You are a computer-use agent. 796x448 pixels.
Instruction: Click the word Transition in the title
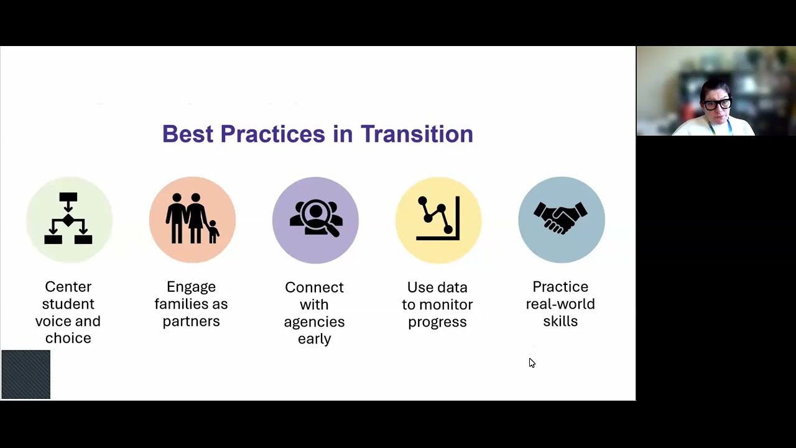pos(417,134)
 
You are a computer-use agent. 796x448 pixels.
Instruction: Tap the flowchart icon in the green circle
pos(68,219)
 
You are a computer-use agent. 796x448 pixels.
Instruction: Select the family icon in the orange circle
pos(192,219)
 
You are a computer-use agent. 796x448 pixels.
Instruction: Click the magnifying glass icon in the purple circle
pos(316,219)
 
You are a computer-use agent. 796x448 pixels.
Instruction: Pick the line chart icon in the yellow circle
pos(438,219)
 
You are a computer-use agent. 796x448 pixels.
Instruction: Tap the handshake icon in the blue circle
pos(561,218)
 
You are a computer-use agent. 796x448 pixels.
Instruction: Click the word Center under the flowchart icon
pos(68,287)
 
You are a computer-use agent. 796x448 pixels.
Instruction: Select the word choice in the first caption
pos(68,338)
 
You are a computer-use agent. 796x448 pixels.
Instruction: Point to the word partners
pos(192,322)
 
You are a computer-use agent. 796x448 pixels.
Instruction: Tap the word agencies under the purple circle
pos(315,322)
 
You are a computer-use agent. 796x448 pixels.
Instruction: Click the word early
pos(315,339)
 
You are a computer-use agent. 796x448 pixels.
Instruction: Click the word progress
pos(438,322)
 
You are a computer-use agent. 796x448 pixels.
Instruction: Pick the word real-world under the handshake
pos(560,304)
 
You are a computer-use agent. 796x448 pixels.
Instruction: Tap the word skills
pos(560,322)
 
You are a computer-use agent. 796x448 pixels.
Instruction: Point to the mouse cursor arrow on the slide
pos(531,362)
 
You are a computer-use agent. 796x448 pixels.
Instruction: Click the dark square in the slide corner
pos(26,374)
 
